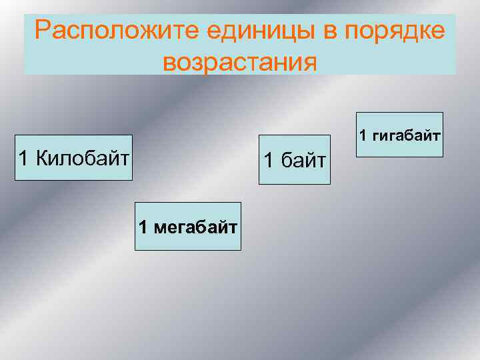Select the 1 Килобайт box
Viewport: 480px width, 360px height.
point(73,158)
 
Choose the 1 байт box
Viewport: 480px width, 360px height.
point(295,159)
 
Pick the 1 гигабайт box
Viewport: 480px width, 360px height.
point(399,135)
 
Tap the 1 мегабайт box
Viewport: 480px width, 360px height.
point(188,226)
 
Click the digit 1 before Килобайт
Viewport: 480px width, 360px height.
point(24,158)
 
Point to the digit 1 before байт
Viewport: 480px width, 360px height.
point(269,160)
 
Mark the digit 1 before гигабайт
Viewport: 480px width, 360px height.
point(363,135)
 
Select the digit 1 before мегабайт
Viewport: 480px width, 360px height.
point(143,227)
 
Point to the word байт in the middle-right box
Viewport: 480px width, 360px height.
point(302,160)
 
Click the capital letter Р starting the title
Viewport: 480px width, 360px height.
point(43,31)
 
